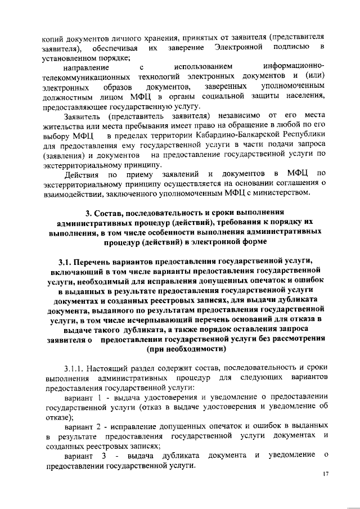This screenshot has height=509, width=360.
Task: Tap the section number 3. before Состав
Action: [x=88, y=213]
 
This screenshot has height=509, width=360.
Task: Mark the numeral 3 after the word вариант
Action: [x=105, y=455]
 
